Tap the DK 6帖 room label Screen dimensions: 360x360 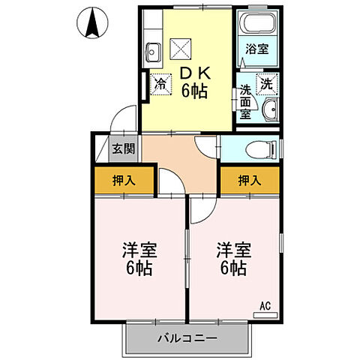[193, 82]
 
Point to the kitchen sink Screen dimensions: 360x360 [153, 53]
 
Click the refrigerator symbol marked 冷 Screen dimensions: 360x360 [160, 85]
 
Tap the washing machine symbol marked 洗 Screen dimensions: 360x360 [267, 84]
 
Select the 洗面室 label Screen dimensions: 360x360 [244, 103]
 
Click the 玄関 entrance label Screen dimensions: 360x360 [124, 148]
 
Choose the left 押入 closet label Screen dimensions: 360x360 [124, 180]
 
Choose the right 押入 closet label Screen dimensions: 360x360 [249, 180]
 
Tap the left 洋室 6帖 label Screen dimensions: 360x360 [139, 257]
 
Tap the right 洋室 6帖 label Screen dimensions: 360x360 [233, 257]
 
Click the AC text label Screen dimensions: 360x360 [265, 305]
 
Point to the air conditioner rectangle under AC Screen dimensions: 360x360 [265, 315]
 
